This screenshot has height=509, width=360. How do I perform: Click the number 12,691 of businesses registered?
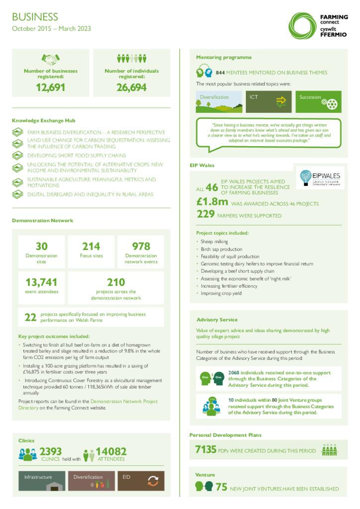pos(50,88)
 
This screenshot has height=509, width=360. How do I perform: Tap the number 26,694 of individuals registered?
pos(131,88)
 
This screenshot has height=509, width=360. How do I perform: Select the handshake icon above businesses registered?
pos(50,59)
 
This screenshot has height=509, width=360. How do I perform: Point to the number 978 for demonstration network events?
pos(141,246)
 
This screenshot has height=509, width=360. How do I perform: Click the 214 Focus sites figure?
pos(91,246)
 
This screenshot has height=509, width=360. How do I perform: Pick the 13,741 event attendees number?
pos(42,282)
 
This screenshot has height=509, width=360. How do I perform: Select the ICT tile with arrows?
pos(269,101)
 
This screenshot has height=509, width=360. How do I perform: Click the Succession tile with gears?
pos(318,101)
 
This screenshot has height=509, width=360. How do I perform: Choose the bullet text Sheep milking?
pos(214,242)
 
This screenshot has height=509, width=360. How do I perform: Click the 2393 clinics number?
pos(50,451)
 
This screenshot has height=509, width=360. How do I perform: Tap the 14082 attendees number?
pos(111,451)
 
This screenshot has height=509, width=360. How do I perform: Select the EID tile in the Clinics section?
pos(141,480)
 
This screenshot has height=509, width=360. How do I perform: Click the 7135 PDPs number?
pos(205,449)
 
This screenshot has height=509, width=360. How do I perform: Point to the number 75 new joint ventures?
pos(221,487)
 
